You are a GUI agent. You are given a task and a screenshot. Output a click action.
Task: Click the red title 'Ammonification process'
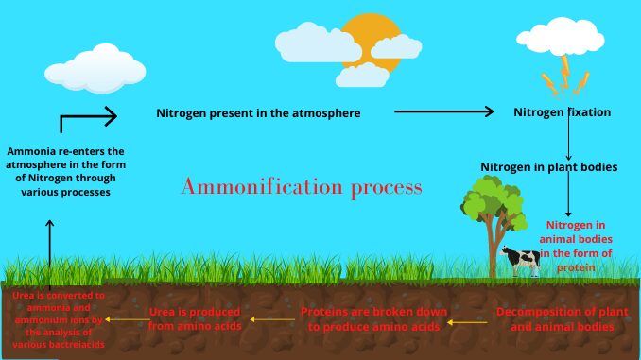(x=301, y=187)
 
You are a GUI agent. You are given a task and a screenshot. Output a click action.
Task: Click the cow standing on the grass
(x=520, y=260)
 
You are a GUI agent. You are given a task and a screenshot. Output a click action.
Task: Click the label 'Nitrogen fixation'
(x=562, y=112)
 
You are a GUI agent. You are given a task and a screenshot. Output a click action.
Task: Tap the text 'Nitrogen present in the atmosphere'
(x=258, y=113)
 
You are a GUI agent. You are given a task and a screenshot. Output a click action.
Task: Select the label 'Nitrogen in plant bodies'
(x=548, y=167)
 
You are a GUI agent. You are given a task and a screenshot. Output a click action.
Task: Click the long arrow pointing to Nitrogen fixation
(x=443, y=111)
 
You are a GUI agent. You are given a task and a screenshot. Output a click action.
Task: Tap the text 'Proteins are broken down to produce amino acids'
(x=370, y=317)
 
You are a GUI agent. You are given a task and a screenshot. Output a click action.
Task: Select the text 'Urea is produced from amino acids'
(x=195, y=317)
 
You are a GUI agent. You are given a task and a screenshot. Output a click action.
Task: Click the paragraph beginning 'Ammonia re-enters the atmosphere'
(x=65, y=171)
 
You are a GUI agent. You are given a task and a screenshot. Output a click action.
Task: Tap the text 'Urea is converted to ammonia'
(x=59, y=319)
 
